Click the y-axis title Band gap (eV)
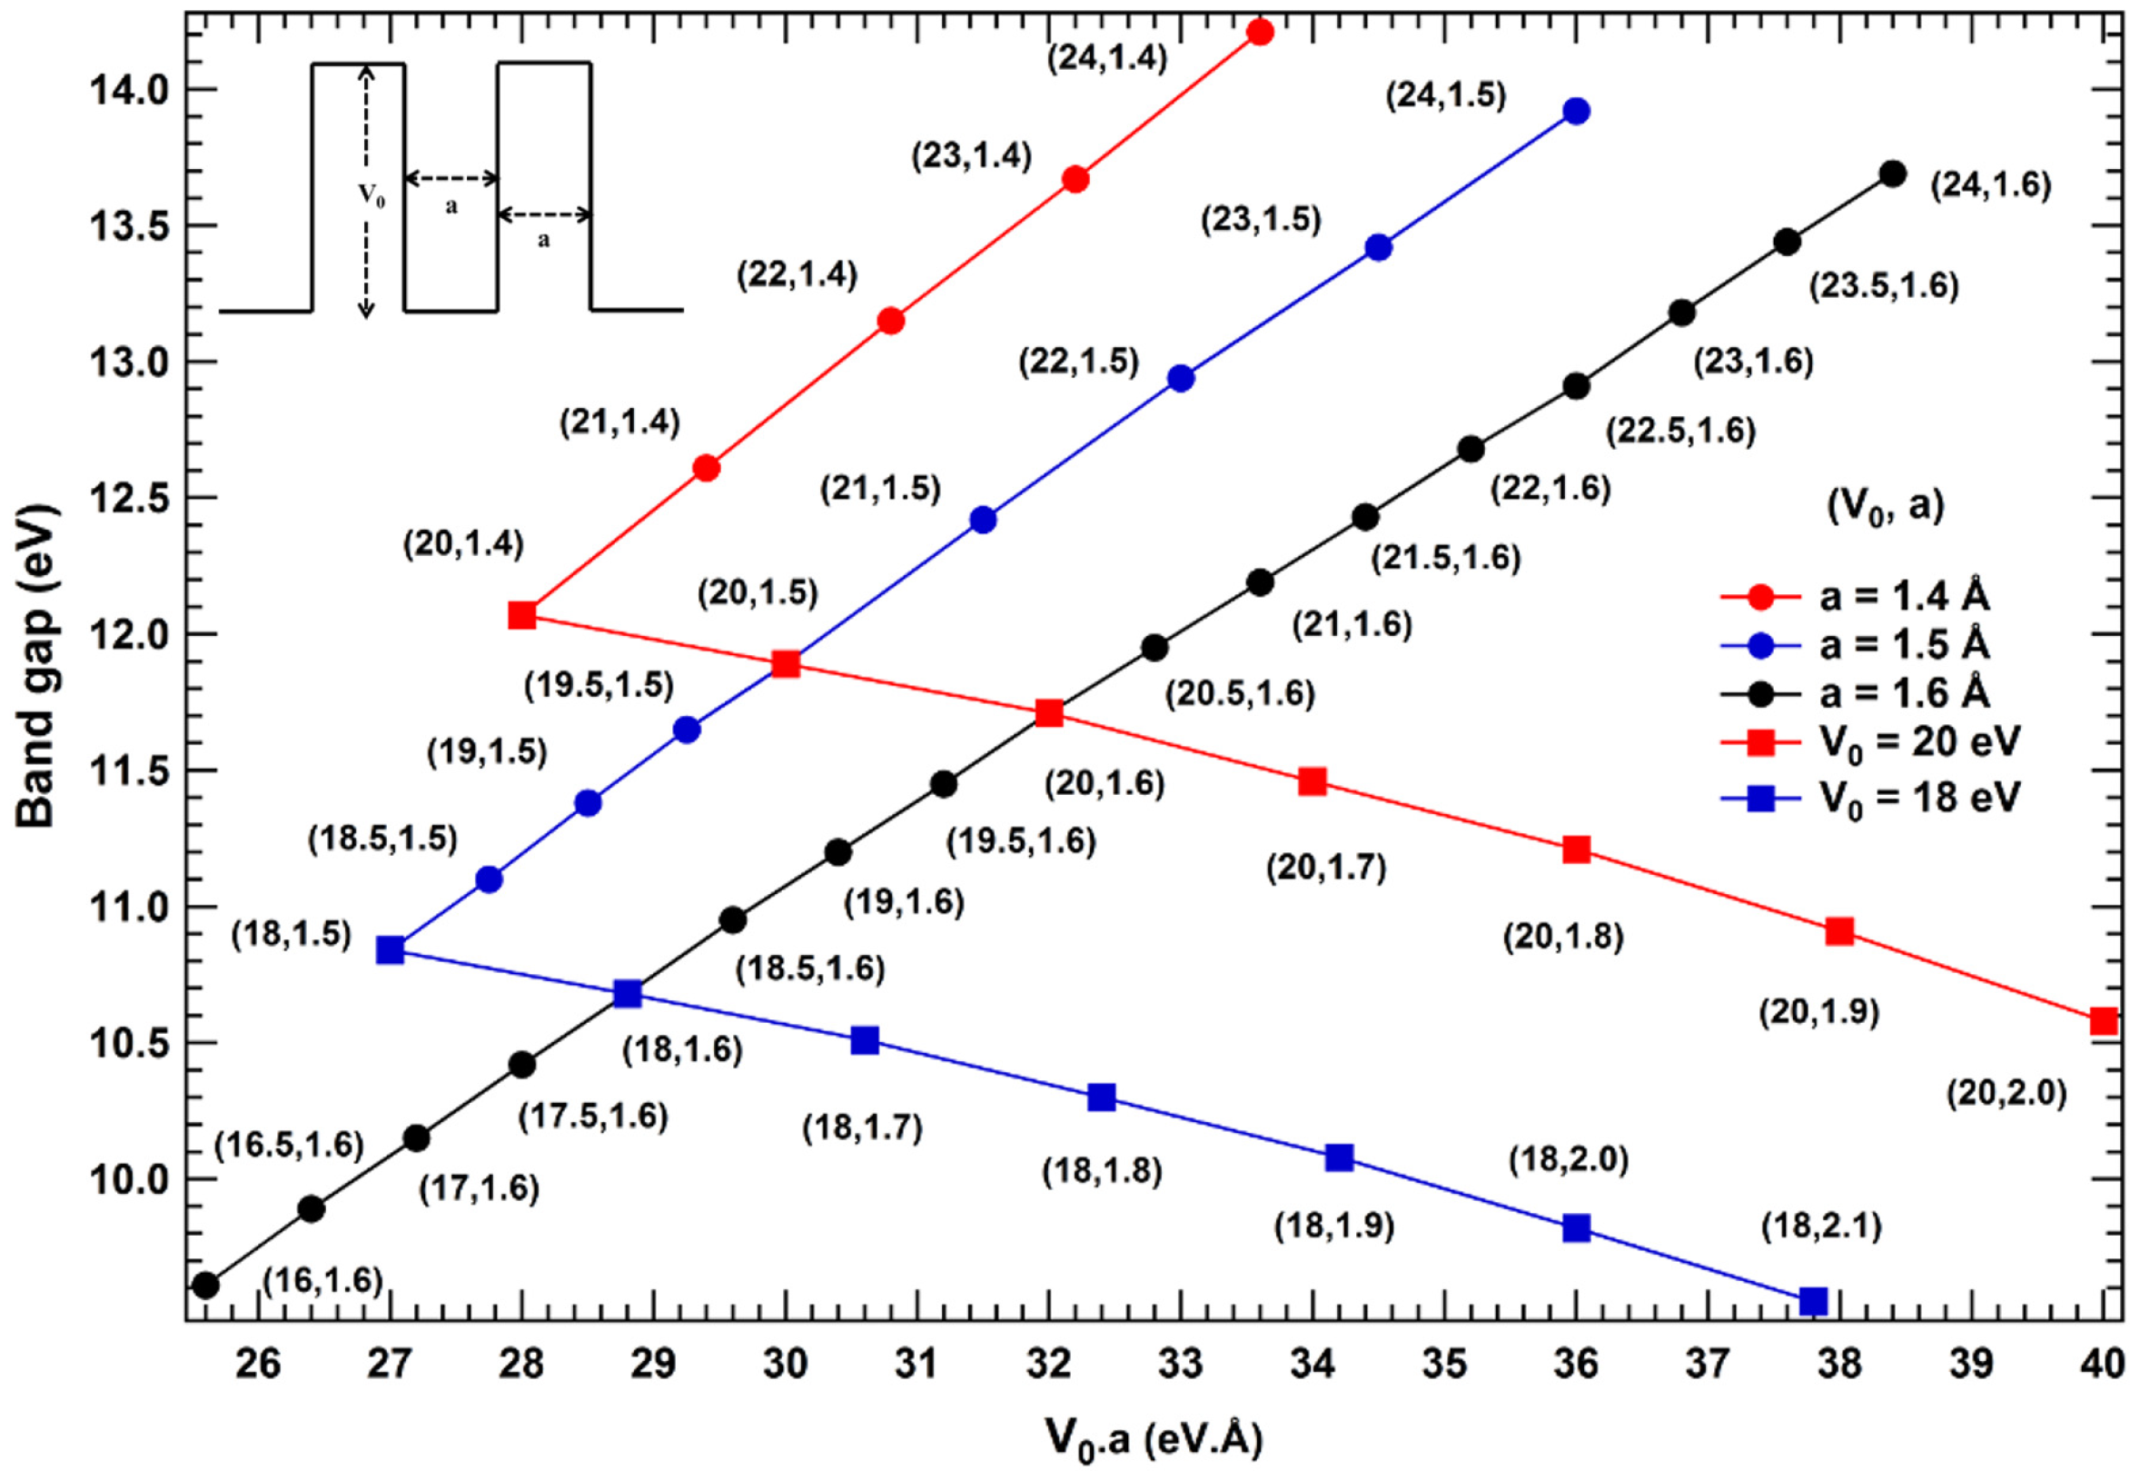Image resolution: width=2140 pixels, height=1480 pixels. tap(37, 666)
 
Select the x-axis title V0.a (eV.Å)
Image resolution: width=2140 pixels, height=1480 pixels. tap(1154, 1439)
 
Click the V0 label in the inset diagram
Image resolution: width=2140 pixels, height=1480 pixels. tap(372, 195)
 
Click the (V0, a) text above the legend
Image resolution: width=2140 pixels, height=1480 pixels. tap(1885, 507)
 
